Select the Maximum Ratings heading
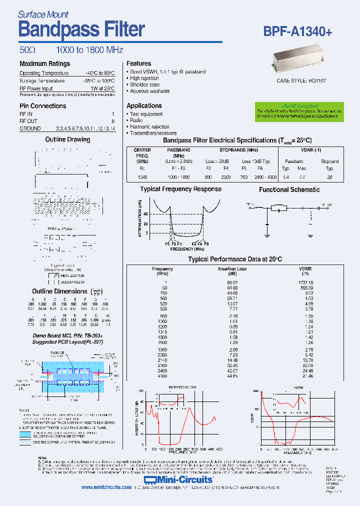[44, 64]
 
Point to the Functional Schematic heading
[289, 190]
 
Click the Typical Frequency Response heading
[180, 189]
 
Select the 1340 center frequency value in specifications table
[142, 177]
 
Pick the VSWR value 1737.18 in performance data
[304, 282]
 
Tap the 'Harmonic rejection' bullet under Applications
[149, 127]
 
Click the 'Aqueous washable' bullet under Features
[149, 91]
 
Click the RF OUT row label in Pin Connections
[28, 121]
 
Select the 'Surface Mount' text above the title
[43, 14]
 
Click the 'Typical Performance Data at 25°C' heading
[234, 259]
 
